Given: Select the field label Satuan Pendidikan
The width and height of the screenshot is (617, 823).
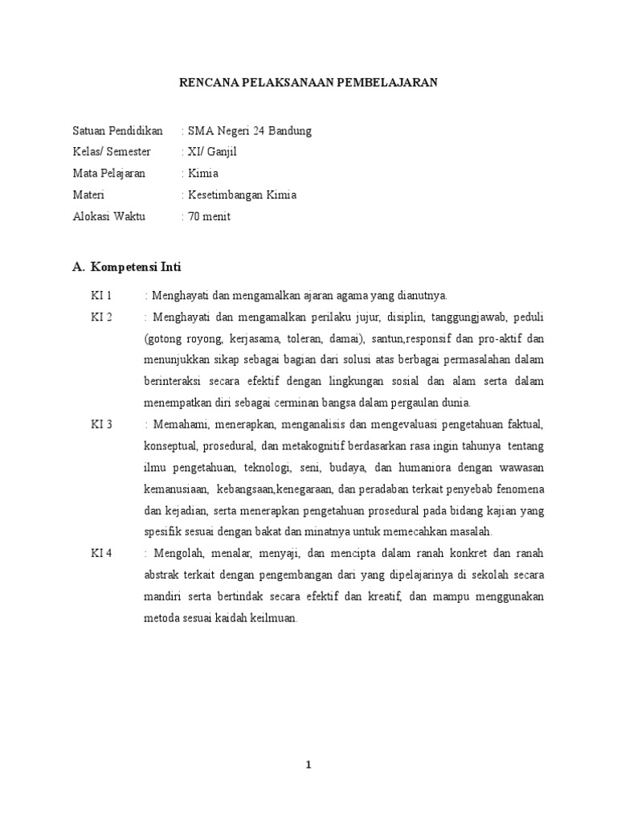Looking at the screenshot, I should pos(117,130).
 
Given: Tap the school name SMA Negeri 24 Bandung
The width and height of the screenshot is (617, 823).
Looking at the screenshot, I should pos(250,130).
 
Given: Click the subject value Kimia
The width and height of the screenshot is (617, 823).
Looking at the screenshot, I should pos(203,174).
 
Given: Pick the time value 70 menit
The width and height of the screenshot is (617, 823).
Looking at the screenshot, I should pos(209,217).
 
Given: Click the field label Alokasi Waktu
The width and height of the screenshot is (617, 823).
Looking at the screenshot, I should pos(108,217).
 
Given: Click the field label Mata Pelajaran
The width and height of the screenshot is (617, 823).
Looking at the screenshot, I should pos(110,174).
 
